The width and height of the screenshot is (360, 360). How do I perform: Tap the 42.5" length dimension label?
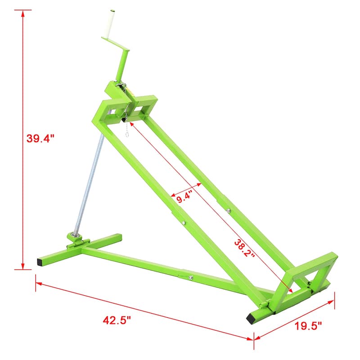click(116, 320)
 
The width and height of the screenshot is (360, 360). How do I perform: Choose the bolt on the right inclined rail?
click(229, 210)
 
